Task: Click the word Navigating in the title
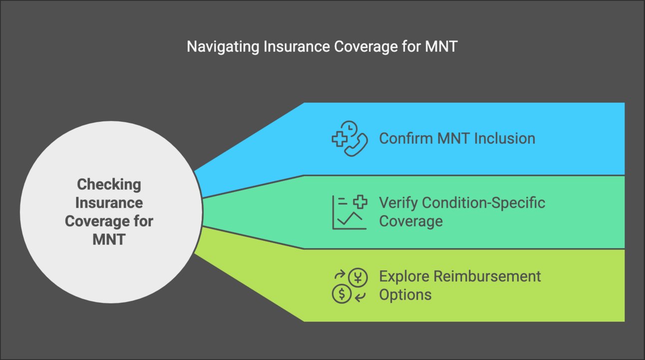(x=223, y=47)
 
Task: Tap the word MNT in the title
(x=441, y=46)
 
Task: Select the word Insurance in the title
(x=297, y=46)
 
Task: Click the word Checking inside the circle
(x=109, y=185)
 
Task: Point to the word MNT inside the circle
(x=109, y=239)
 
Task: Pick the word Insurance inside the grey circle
(x=109, y=203)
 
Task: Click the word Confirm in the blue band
(x=406, y=138)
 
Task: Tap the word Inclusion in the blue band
(x=505, y=138)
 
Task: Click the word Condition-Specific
(x=483, y=203)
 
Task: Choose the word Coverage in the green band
(x=410, y=222)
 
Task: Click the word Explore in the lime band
(x=404, y=277)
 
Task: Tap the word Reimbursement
(x=487, y=277)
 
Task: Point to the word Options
(x=405, y=295)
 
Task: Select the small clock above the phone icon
(x=349, y=128)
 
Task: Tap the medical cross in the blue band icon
(x=339, y=139)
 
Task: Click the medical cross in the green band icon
(x=360, y=202)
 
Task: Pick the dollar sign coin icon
(x=342, y=294)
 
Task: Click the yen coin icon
(x=358, y=278)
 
